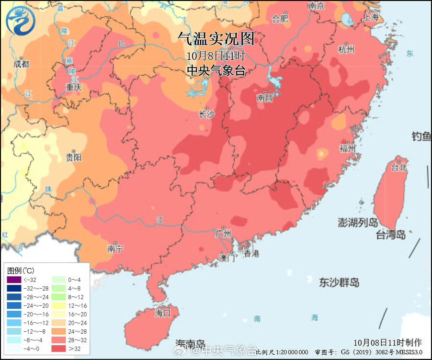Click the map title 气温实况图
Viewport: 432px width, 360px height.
(216, 38)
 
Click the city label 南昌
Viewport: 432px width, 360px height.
(264, 98)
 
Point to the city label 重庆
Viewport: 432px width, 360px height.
(74, 87)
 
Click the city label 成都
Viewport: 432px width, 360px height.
(21, 64)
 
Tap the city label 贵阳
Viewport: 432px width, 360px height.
(74, 157)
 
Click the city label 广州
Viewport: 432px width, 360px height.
(224, 234)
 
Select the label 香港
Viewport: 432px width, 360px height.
(251, 253)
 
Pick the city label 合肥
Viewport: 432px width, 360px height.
(280, 19)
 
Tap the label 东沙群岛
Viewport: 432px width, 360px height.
(339, 282)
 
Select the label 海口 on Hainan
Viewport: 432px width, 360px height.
(162, 313)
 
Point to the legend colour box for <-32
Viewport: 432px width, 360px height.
(14, 279)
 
